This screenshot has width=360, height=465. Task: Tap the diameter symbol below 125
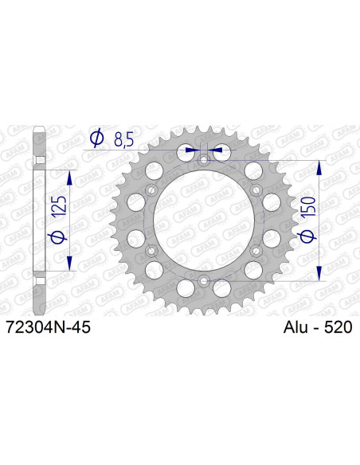click(x=57, y=237)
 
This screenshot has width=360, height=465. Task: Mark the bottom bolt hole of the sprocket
click(x=205, y=280)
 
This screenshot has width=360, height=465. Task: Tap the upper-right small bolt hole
click(x=256, y=190)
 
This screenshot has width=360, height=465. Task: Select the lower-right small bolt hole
click(x=256, y=251)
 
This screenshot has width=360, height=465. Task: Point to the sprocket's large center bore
click(x=205, y=221)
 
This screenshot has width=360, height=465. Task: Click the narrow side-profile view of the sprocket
click(x=39, y=221)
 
